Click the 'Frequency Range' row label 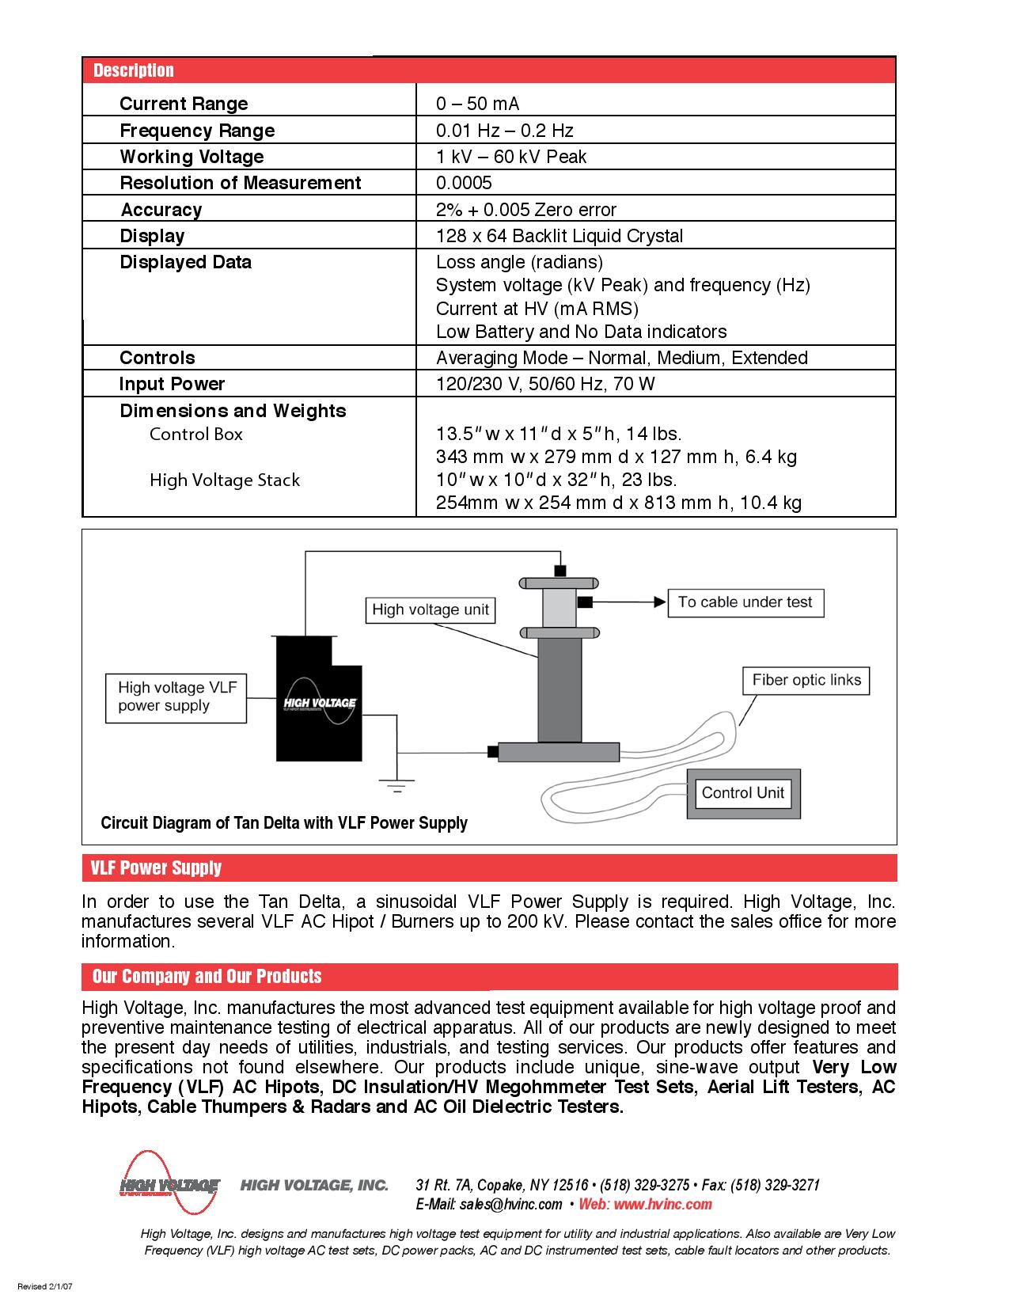(197, 131)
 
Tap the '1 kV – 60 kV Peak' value (511, 157)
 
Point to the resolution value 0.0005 (464, 183)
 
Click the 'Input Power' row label (172, 384)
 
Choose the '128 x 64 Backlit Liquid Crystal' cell (559, 236)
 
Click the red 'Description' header (133, 70)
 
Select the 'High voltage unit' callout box (431, 609)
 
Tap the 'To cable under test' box (745, 602)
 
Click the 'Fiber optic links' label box (806, 680)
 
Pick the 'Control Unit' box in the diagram (742, 793)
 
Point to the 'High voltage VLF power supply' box (176, 697)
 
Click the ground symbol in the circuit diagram (396, 784)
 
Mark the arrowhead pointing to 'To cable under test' (658, 602)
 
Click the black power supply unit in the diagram (319, 700)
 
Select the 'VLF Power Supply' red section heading (155, 868)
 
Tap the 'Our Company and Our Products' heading (207, 976)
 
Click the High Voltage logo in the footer (169, 1185)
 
